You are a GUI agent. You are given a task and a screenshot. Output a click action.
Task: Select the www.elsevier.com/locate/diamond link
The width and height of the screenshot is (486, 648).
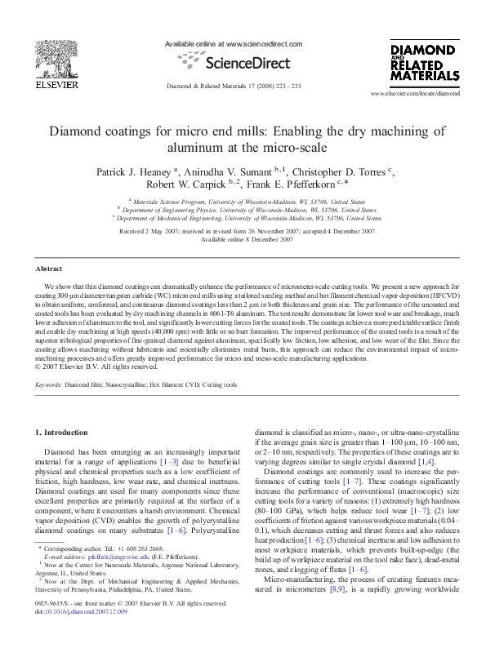point(438,94)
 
